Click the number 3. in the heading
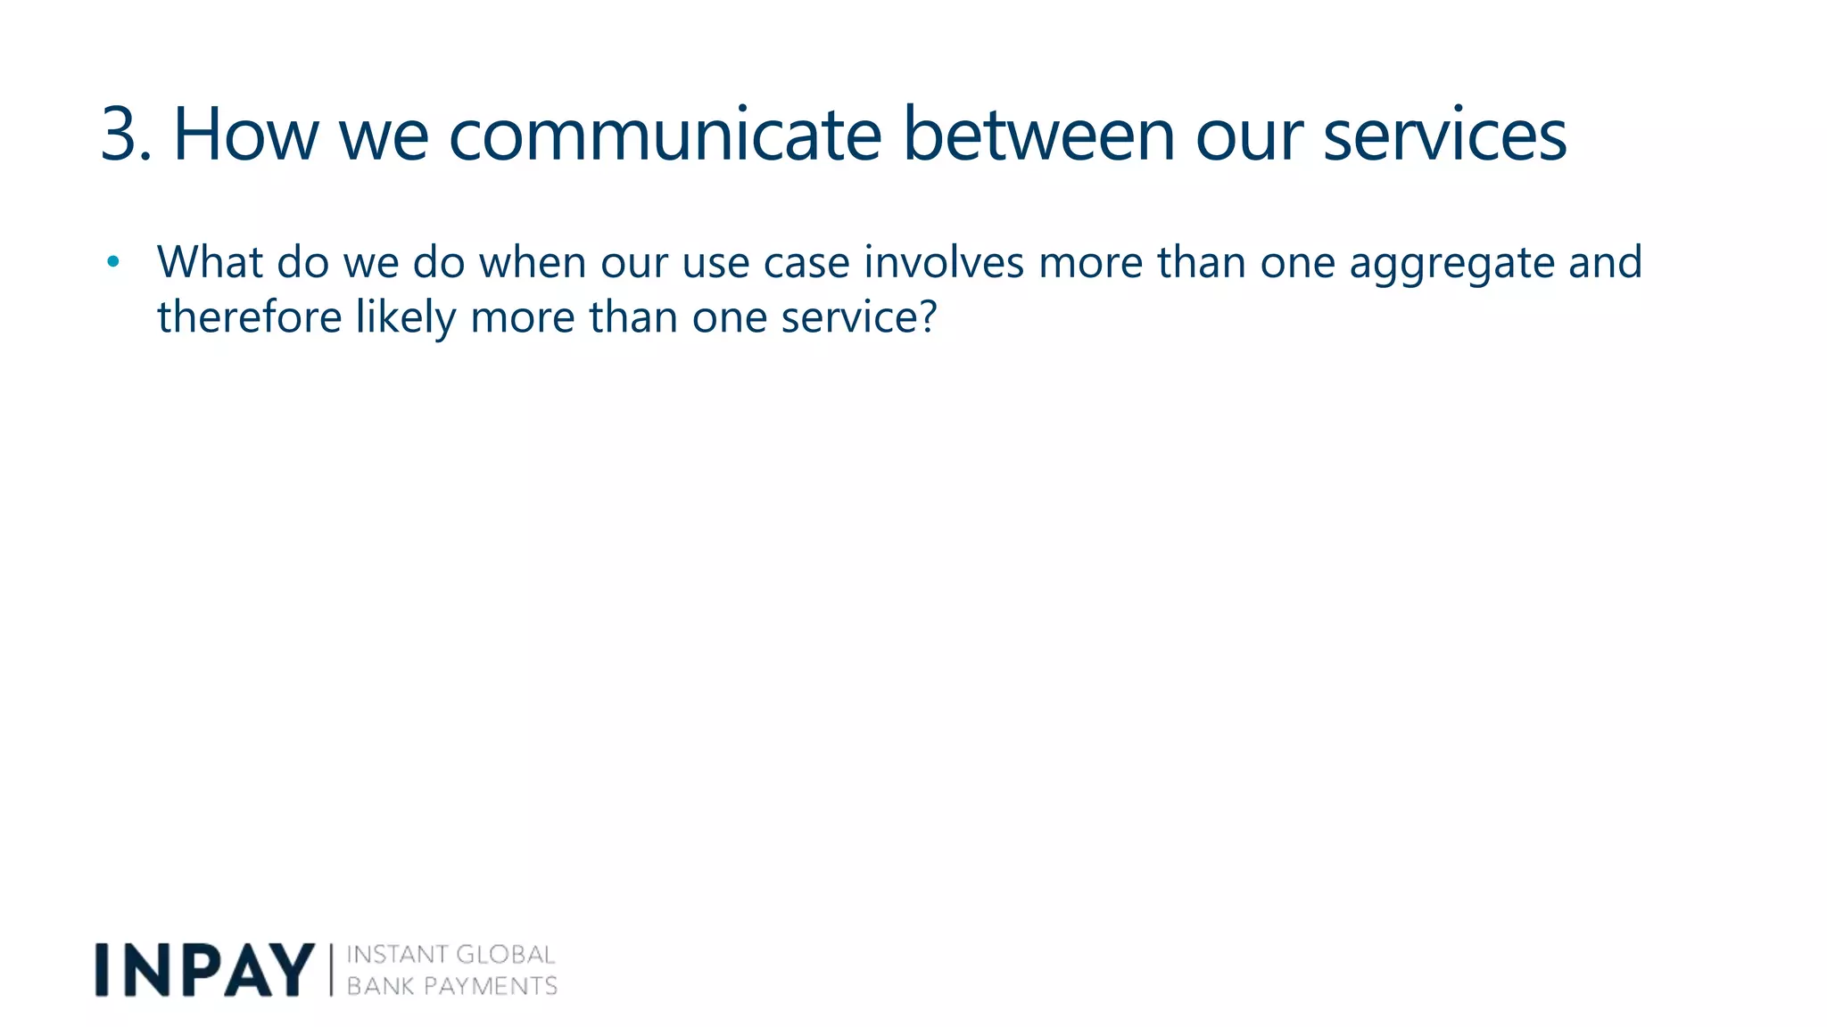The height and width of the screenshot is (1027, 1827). click(x=125, y=135)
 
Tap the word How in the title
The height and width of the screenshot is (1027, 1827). click(x=244, y=135)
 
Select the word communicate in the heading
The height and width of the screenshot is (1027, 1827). click(x=665, y=135)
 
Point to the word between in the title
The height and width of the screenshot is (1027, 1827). click(x=1038, y=135)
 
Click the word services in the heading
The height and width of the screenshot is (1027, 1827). click(x=1444, y=135)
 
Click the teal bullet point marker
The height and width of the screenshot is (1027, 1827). click(x=112, y=262)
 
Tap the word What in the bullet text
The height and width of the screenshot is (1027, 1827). click(x=210, y=262)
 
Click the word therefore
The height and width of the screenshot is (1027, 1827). click(x=249, y=317)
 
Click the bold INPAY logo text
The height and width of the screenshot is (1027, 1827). click(x=204, y=970)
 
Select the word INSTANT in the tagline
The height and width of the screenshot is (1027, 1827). click(x=395, y=955)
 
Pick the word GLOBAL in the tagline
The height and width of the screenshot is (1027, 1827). click(x=505, y=955)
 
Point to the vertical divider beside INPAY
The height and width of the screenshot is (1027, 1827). click(x=331, y=970)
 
